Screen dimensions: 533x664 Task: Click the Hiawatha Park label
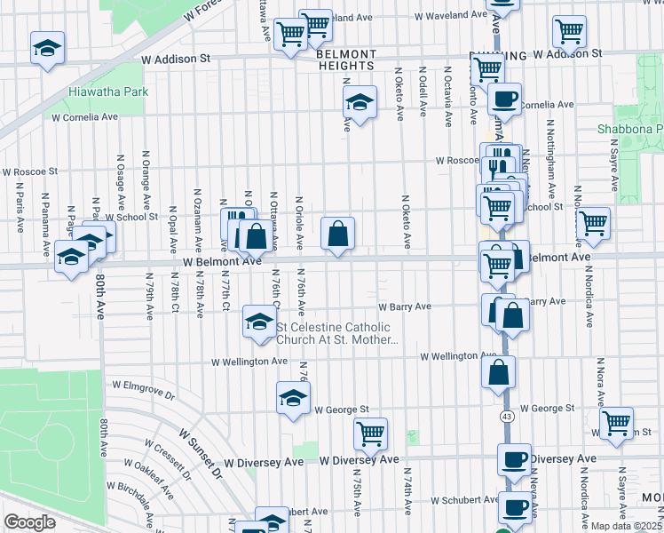[x=110, y=91]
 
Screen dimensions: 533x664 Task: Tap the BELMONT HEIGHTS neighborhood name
[x=346, y=60]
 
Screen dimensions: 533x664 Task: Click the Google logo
[x=29, y=521]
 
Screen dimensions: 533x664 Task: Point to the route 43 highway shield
[x=506, y=416]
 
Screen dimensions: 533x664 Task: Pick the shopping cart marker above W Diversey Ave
[x=370, y=434]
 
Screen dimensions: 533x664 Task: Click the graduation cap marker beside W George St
[x=293, y=397]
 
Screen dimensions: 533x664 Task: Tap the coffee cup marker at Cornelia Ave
[x=504, y=98]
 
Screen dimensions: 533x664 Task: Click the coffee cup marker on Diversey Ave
[x=514, y=459]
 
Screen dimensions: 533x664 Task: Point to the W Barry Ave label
[x=405, y=307]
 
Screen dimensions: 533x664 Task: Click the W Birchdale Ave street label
[x=133, y=502]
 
